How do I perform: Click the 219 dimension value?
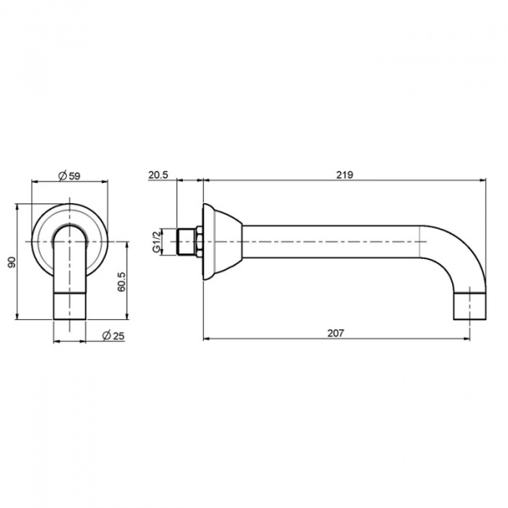tap(344, 174)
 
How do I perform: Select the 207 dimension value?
tap(335, 333)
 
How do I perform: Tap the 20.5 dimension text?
tap(158, 175)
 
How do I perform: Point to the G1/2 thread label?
tap(157, 241)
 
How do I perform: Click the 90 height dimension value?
tap(12, 262)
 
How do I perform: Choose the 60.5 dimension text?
tap(122, 282)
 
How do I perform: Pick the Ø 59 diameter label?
tap(69, 176)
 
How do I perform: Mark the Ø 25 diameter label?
tap(113, 335)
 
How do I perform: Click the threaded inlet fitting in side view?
tap(185, 241)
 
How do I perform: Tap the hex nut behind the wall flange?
tap(199, 241)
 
